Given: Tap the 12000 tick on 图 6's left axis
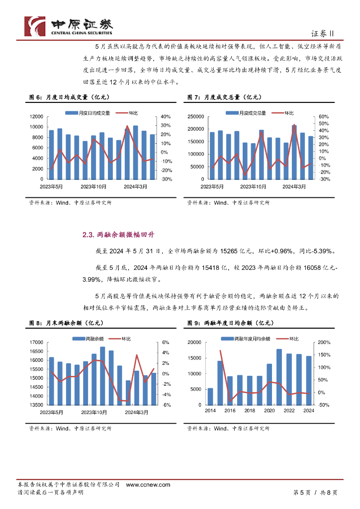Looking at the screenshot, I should [x=37, y=116].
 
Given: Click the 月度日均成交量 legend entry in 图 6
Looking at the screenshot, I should [x=91, y=113].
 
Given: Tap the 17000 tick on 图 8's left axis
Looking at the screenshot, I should [x=37, y=342].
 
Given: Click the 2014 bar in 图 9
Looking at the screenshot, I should [x=210, y=396].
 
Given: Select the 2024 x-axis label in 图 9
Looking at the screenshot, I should [x=308, y=411].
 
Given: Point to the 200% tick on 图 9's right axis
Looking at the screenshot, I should [x=324, y=342].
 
